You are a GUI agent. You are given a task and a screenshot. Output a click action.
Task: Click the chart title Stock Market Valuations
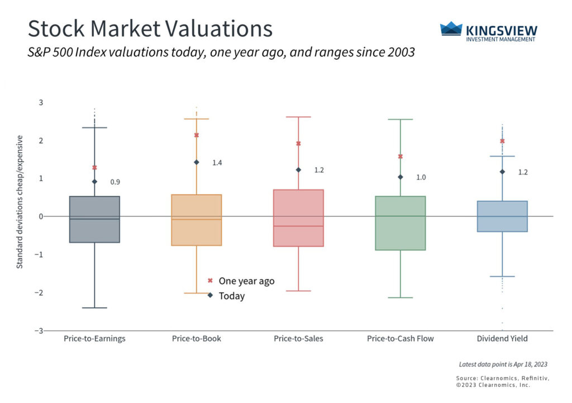click(x=150, y=29)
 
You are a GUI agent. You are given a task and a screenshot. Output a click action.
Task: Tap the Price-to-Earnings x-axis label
click(x=94, y=339)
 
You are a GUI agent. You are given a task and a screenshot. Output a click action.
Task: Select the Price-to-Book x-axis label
click(x=197, y=339)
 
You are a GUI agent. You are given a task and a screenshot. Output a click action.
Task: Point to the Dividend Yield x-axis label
click(x=502, y=339)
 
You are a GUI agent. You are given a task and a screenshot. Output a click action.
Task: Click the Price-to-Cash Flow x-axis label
click(x=400, y=339)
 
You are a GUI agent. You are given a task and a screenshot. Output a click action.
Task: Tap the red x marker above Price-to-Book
click(x=197, y=135)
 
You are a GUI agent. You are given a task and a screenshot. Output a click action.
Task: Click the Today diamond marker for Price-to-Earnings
click(x=94, y=182)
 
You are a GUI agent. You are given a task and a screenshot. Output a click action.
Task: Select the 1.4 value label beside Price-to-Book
click(x=217, y=163)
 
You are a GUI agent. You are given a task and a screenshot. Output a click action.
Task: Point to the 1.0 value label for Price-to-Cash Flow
click(x=421, y=177)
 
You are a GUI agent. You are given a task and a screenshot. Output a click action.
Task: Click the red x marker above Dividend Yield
click(x=502, y=141)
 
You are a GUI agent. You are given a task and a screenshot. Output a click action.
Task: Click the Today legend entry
click(x=231, y=296)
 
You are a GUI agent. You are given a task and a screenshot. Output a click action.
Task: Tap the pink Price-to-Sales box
click(x=298, y=218)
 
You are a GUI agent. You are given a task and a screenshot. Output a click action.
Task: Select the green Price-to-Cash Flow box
click(x=400, y=224)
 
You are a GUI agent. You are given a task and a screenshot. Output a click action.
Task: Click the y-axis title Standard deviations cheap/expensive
click(x=20, y=201)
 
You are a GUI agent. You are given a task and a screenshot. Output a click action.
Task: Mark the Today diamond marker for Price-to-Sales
click(x=298, y=170)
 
